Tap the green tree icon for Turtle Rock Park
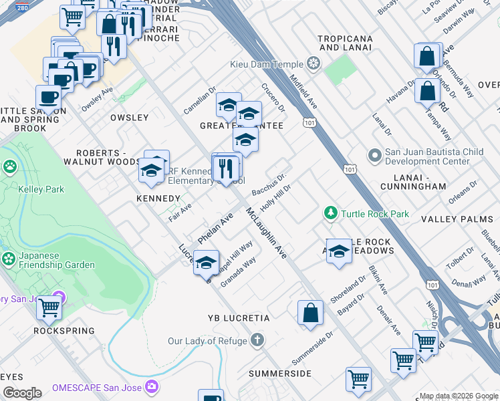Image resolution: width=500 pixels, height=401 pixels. click(x=330, y=214)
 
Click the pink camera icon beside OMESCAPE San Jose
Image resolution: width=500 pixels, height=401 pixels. click(x=152, y=387)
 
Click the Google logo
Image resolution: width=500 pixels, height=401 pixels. click(x=22, y=393)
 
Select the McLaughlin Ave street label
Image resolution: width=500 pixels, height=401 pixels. click(x=265, y=233)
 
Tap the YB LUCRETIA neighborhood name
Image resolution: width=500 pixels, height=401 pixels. click(x=239, y=318)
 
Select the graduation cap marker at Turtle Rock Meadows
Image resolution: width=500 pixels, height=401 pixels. click(x=339, y=251)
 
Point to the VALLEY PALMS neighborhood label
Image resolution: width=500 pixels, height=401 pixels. click(x=457, y=219)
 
